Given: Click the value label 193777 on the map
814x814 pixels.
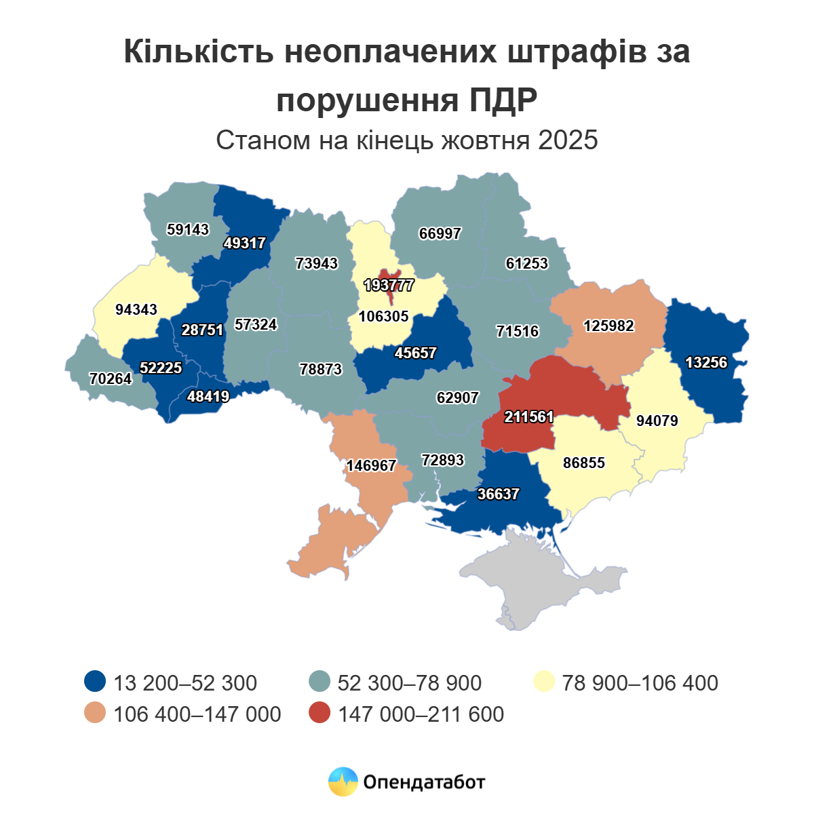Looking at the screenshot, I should (x=389, y=286).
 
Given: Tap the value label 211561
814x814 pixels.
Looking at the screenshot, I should (x=529, y=417).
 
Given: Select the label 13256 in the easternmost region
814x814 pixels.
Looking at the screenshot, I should (x=706, y=363).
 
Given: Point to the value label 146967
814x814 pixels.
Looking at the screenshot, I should (x=371, y=466).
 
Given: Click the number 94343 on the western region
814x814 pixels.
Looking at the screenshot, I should (x=136, y=310).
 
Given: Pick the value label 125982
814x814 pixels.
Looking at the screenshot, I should (x=608, y=326).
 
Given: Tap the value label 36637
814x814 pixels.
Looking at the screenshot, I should (x=498, y=495).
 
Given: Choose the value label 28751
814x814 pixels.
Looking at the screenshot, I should (x=202, y=330).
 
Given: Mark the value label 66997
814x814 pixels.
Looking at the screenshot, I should (x=440, y=234).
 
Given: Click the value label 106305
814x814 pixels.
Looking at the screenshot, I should (x=384, y=317).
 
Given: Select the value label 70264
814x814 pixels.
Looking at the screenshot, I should (x=111, y=379).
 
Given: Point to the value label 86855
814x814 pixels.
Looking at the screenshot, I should (x=584, y=463).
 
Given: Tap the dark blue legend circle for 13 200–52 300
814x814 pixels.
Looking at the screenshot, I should (x=95, y=682).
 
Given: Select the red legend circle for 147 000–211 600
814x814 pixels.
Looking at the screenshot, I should (x=319, y=714).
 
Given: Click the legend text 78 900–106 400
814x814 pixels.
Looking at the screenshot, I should (x=640, y=682).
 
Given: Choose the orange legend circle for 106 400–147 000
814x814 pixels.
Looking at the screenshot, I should (x=95, y=714).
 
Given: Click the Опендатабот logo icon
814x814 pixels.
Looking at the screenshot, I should (x=343, y=782).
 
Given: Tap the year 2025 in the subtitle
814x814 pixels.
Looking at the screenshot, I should (x=568, y=140).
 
